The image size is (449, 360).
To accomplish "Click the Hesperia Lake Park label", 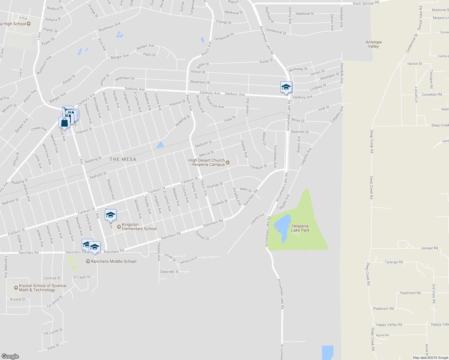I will [x=300, y=228].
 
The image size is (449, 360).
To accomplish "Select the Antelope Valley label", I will [x=374, y=44].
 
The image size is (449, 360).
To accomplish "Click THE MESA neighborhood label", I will [x=123, y=159].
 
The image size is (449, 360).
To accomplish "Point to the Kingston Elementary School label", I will [x=139, y=226].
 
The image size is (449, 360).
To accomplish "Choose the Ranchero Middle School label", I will [x=113, y=261].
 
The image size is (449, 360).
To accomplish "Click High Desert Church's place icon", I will [x=228, y=163].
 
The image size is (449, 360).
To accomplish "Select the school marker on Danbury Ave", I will [x=286, y=87].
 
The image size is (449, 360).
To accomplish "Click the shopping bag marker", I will [x=64, y=122].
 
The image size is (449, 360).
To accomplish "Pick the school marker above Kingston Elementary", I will [x=110, y=215].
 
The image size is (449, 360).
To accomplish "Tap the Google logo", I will [x=10, y=356].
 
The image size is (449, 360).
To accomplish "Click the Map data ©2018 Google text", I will [x=430, y=358].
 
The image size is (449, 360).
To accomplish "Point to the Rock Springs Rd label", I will [x=366, y=3].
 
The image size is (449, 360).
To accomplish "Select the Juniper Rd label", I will [x=429, y=248].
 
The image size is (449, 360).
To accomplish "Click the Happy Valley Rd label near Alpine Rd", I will [x=389, y=325].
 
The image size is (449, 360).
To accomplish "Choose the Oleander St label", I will [x=169, y=272].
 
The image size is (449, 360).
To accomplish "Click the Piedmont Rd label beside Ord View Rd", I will [x=410, y=293].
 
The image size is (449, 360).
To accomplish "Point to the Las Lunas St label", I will [x=53, y=331].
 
